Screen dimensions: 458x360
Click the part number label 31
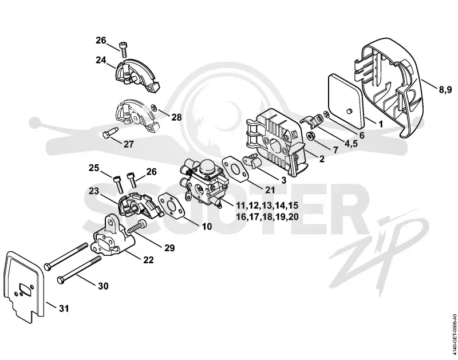coord(64,308)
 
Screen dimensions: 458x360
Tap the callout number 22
coord(148,260)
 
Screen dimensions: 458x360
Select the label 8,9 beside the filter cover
coord(445,89)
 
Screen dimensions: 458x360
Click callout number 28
coord(176,117)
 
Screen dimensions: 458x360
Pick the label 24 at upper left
coord(101,60)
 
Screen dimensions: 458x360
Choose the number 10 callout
coord(207,226)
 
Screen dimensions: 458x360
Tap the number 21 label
coord(270,190)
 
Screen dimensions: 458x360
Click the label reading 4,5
coord(351,143)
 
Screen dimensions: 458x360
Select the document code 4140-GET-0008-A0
coord(453,335)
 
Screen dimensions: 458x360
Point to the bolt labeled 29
coord(137,227)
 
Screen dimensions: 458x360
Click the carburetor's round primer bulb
coord(206,168)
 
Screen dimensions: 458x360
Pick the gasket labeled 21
coord(236,168)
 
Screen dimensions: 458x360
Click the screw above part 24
coord(124,50)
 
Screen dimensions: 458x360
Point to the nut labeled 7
coord(311,136)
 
